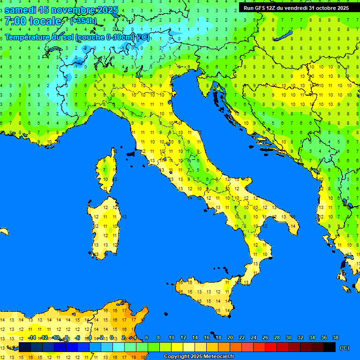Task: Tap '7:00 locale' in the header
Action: (33, 21)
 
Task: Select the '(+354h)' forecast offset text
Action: (83, 21)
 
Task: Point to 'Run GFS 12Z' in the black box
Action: (261, 8)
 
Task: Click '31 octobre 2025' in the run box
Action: (329, 8)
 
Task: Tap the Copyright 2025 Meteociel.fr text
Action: (199, 357)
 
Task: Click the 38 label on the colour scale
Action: (336, 337)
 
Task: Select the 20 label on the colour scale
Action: (230, 337)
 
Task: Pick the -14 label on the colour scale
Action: (32, 337)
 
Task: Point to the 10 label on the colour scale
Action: (172, 337)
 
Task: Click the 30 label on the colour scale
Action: (289, 337)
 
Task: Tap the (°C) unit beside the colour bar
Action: (345, 348)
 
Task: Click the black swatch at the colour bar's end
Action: (330, 347)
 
